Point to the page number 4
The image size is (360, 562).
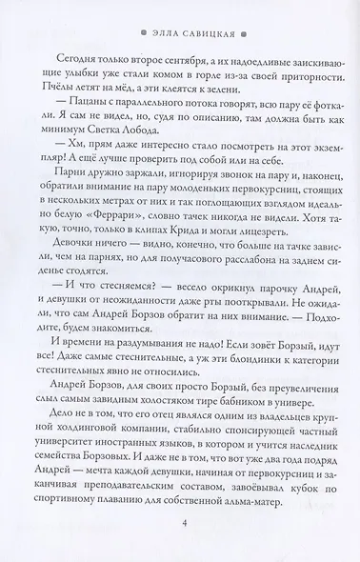[x=180, y=521]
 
